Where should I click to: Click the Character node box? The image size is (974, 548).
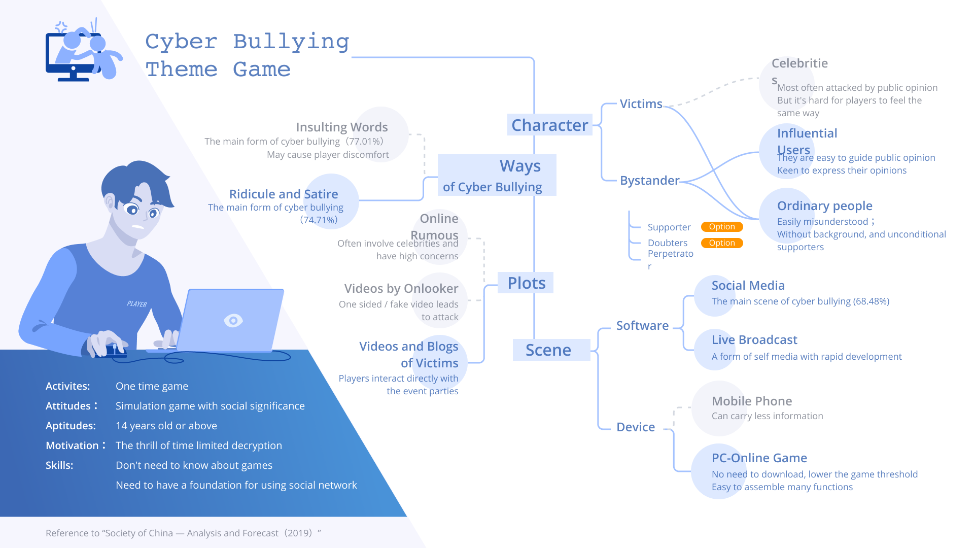[x=549, y=125]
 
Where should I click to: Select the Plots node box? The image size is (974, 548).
[x=526, y=283]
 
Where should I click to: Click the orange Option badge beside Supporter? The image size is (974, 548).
[x=721, y=227]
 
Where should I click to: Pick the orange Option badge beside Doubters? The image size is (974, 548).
[x=721, y=243]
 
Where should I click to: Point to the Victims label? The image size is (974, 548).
[x=641, y=104]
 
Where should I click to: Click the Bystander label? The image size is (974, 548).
[x=649, y=181]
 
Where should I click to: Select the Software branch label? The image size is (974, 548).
[x=642, y=326]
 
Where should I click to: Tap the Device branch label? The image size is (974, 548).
[x=636, y=427]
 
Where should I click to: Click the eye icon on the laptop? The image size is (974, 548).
[x=233, y=321]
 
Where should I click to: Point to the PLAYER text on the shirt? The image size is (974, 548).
[x=137, y=304]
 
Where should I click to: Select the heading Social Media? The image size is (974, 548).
[x=748, y=286]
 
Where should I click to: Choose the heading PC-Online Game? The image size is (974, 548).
[x=759, y=458]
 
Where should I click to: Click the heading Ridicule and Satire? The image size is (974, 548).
[x=284, y=194]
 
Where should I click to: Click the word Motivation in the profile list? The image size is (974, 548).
[x=72, y=446]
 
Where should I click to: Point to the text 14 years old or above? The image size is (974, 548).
[x=166, y=426]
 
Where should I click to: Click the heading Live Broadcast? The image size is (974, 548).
[x=754, y=340]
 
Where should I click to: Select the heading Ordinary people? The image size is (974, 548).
[x=824, y=206]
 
